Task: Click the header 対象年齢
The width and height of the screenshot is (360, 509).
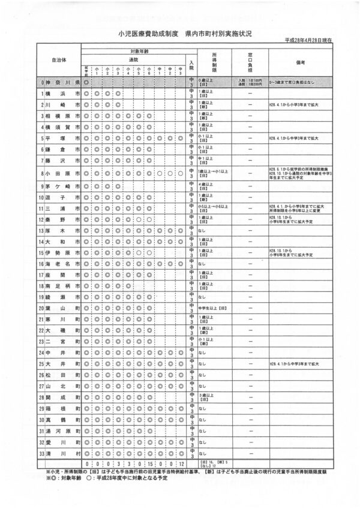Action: point(136,52)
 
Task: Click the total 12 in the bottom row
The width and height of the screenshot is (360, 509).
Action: point(181,463)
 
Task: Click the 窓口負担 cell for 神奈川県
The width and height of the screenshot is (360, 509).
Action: point(249,82)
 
